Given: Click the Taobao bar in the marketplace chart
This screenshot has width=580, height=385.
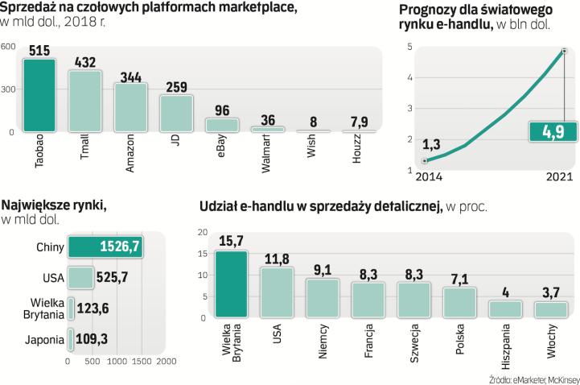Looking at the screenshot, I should (39, 95).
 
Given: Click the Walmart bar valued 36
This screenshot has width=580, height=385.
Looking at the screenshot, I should (268, 128).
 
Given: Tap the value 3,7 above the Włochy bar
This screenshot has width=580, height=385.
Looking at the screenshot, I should (551, 291).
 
